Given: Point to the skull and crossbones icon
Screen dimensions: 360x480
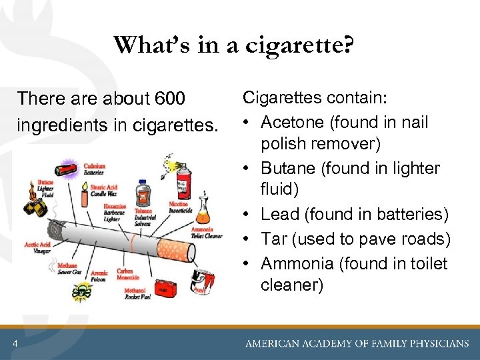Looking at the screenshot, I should pyautogui.click(x=83, y=291).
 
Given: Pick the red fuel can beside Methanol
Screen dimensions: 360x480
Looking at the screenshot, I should pyautogui.click(x=163, y=289).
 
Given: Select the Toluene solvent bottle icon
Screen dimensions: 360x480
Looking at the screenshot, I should pyautogui.click(x=142, y=194).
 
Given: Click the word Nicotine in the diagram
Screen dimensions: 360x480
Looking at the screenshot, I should pyautogui.click(x=176, y=205).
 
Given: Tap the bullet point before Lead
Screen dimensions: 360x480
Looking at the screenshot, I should pyautogui.click(x=247, y=214).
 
